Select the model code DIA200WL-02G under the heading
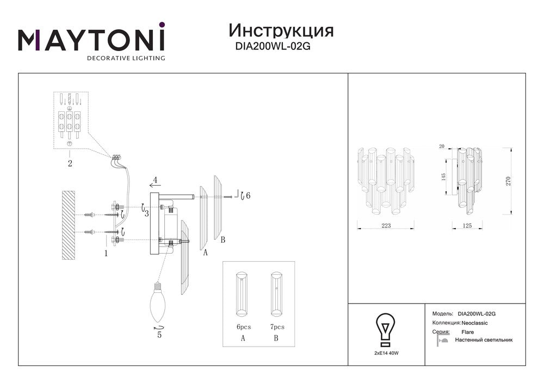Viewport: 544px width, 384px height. coord(273,47)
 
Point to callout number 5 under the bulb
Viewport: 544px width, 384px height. coord(159,335)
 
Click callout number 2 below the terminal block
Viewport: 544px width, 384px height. coord(70,162)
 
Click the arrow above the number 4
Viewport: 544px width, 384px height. coord(155,185)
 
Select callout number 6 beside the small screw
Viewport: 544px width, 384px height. coord(248,196)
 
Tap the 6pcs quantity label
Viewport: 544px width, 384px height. coord(243,328)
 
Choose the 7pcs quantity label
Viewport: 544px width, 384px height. coord(277,328)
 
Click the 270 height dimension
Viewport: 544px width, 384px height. coord(509,181)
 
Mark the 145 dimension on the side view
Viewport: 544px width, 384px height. coord(443,178)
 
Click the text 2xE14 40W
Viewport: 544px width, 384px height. coord(386,353)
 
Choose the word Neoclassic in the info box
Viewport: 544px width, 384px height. coord(474,323)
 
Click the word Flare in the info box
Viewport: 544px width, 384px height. coord(467,331)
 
